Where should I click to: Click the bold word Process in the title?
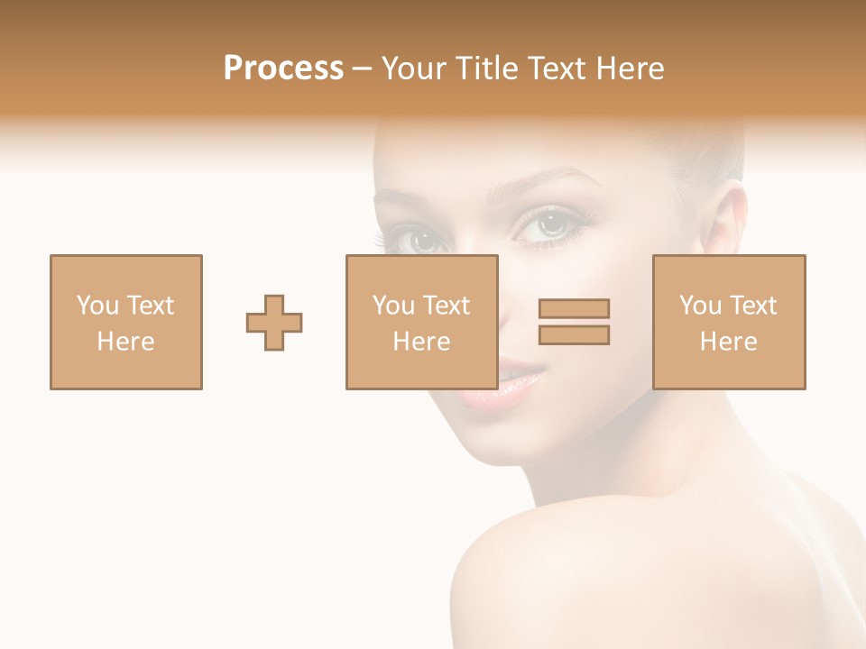point(283,69)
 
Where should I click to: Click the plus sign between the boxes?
point(274,322)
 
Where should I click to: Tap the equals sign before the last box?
point(574,322)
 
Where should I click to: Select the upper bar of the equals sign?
point(574,308)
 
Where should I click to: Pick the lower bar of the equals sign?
point(574,335)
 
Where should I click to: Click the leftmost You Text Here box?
point(126,322)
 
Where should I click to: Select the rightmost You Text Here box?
point(729,322)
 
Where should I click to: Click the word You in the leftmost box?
point(97,306)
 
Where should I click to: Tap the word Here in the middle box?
point(421,342)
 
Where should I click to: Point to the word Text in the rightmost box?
point(753,306)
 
